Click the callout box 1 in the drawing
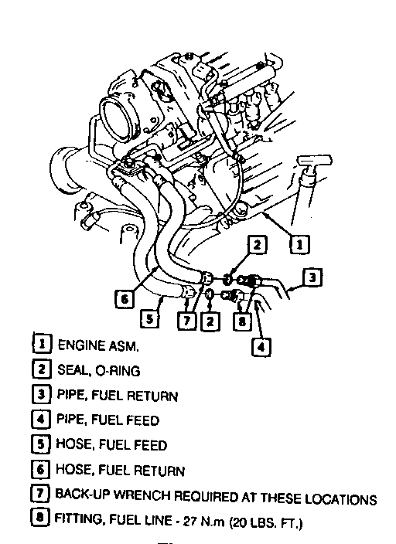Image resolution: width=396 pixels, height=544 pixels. (300, 244)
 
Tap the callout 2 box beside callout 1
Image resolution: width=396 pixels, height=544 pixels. (258, 245)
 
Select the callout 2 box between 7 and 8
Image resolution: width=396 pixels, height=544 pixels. (210, 321)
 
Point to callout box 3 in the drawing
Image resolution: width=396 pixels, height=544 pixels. (312, 277)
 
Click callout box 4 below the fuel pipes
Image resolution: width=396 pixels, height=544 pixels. (261, 346)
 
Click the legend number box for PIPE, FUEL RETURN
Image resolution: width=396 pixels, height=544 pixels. (41, 394)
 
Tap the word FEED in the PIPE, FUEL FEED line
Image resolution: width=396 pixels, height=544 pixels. (142, 420)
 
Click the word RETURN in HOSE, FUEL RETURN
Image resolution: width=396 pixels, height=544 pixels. (159, 471)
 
